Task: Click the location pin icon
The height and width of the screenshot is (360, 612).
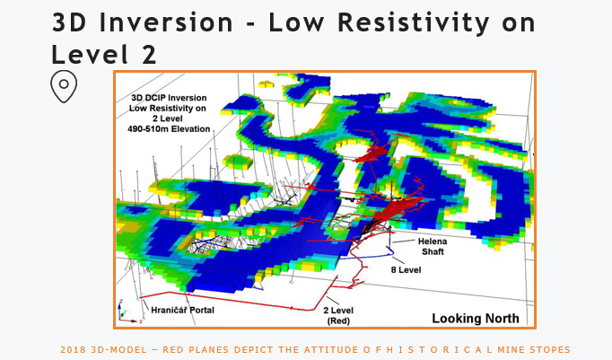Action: click(64, 86)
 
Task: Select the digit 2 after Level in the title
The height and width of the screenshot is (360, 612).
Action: click(149, 54)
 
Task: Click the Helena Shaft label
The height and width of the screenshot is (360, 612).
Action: click(433, 246)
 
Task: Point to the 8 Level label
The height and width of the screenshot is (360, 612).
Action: click(406, 270)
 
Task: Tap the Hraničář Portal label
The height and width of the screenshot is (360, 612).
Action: click(183, 310)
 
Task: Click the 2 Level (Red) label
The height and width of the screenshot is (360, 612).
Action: click(338, 315)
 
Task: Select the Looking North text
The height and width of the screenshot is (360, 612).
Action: click(476, 319)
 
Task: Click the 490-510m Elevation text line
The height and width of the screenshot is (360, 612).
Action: click(169, 129)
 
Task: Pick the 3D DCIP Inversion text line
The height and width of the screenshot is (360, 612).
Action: click(169, 98)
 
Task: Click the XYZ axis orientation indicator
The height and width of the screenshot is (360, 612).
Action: click(127, 312)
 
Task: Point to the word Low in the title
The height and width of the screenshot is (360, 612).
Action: click(296, 22)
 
